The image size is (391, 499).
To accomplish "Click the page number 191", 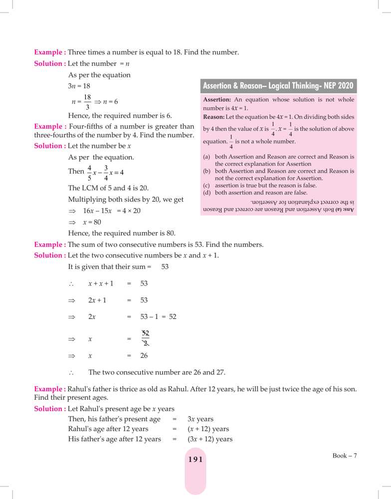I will [x=195, y=460].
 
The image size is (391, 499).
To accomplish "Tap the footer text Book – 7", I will [x=345, y=455].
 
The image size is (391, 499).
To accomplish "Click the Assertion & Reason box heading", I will [x=278, y=86].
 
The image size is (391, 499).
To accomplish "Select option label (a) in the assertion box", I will [x=206, y=157].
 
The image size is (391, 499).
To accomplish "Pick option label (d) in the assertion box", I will [x=206, y=192].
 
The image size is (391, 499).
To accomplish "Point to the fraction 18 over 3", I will [x=87, y=102].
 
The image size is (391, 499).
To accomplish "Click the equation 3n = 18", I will [x=79, y=86].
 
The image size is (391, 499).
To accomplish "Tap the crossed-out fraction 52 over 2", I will [x=145, y=338].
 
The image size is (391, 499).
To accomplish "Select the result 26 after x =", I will [x=144, y=356].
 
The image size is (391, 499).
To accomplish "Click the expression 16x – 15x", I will [x=97, y=211].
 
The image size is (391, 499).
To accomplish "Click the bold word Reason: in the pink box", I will [x=214, y=117].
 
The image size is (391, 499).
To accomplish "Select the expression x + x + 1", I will [x=101, y=283].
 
